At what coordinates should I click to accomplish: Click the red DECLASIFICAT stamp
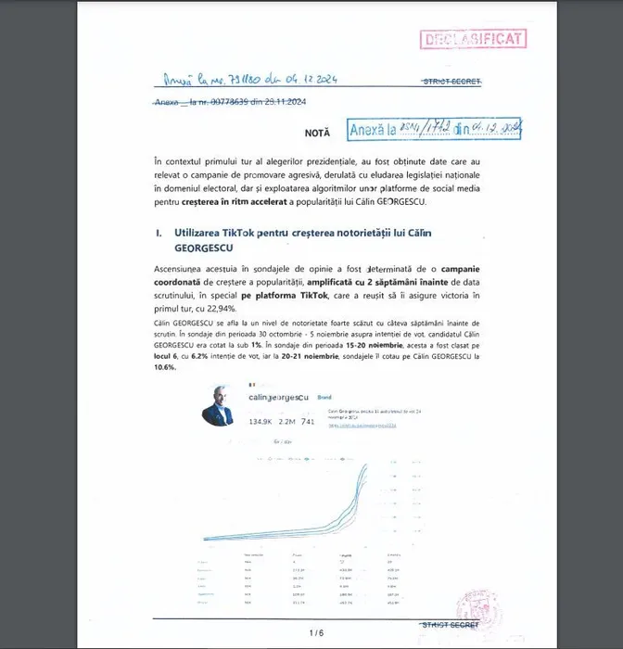[473, 39]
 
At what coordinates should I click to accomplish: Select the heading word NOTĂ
[317, 134]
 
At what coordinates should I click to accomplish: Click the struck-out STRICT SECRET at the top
[451, 82]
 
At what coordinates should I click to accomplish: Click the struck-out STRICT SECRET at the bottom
[450, 625]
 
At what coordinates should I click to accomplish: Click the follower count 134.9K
[262, 422]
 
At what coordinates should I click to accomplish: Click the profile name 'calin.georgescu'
[278, 397]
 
